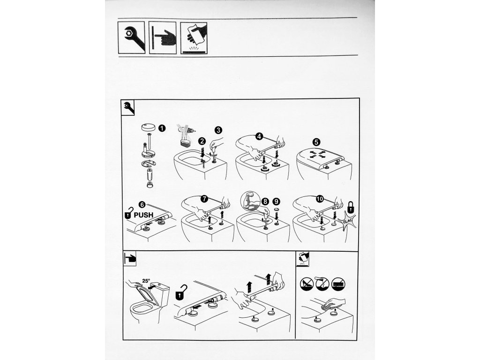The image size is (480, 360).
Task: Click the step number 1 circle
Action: coord(162,128)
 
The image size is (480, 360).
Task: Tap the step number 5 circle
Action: coord(316,142)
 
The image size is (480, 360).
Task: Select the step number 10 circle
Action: coord(320,199)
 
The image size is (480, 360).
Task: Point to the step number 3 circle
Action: coord(218,130)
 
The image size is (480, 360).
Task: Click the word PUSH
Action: coord(143,215)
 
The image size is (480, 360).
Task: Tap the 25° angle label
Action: coord(146,280)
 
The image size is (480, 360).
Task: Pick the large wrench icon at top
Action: coord(132,37)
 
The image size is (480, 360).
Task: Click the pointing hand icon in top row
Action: coord(163,37)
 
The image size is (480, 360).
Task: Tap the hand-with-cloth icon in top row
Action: coord(194,37)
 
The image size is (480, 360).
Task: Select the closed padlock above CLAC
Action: coord(351,208)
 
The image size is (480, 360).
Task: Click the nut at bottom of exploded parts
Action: coord(150,184)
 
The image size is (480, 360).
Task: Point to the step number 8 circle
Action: coord(265,202)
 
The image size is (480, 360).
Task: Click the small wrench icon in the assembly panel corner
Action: coord(128,107)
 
